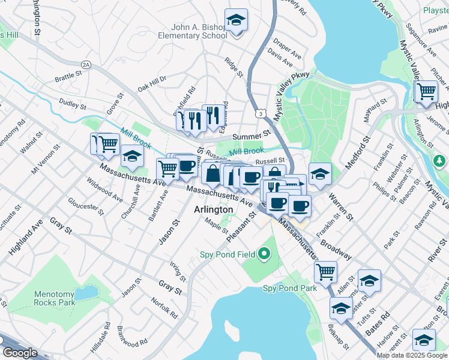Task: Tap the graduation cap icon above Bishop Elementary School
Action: click(x=236, y=20)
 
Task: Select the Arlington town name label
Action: click(x=214, y=209)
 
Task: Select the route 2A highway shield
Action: click(x=86, y=64)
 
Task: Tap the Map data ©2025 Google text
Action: click(x=411, y=355)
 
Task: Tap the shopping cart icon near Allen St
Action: click(x=325, y=271)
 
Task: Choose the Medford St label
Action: click(x=355, y=155)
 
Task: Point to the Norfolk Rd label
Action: click(x=164, y=308)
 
